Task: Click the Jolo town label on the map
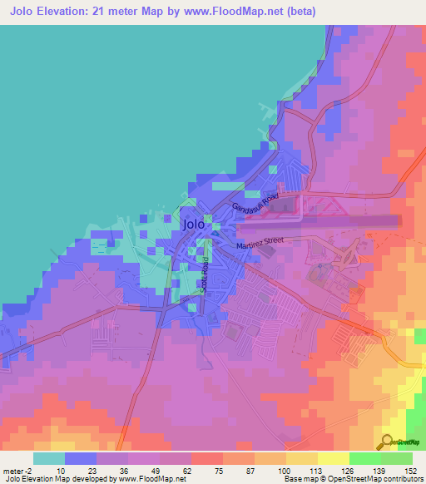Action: point(193,224)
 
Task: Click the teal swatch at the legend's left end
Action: point(49,458)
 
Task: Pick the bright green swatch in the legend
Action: point(365,458)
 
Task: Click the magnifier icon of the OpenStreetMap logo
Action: point(386,442)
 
